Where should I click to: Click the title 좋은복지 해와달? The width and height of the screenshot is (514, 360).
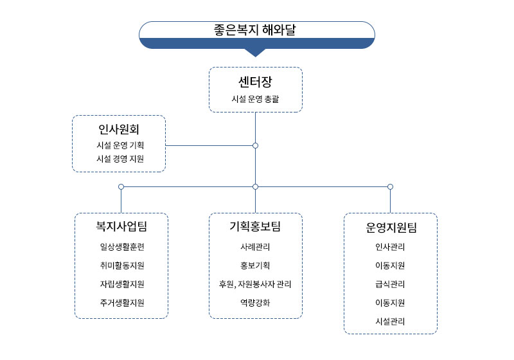click(x=254, y=30)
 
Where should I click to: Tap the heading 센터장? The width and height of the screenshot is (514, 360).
click(x=255, y=82)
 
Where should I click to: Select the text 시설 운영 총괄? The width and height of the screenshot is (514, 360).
click(x=255, y=99)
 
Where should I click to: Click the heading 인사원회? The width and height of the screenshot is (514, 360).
click(x=119, y=129)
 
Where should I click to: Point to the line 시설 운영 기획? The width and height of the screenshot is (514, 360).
click(x=120, y=145)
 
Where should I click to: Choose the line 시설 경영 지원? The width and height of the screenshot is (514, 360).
click(x=120, y=159)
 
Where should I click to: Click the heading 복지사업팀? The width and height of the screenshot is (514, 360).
click(x=121, y=226)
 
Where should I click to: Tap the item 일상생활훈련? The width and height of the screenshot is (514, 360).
click(x=122, y=247)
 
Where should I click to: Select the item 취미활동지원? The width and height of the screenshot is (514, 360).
click(x=122, y=265)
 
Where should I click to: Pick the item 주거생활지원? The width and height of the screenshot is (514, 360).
click(x=122, y=303)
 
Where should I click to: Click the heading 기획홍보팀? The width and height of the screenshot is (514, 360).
click(x=255, y=226)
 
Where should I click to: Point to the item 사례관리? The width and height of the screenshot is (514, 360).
click(x=255, y=247)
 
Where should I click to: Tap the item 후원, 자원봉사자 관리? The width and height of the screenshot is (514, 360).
click(x=255, y=284)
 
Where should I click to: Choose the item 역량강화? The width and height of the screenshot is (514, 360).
click(x=255, y=303)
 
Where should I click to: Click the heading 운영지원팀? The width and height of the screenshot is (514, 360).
click(x=391, y=228)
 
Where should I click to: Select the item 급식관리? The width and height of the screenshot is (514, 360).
click(x=390, y=284)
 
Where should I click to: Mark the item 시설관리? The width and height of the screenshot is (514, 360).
click(x=390, y=321)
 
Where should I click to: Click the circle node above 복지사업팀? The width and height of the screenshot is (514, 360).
click(x=121, y=187)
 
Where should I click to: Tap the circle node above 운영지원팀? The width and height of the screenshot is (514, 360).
click(x=390, y=187)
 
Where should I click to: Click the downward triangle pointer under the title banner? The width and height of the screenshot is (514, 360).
click(x=255, y=53)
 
